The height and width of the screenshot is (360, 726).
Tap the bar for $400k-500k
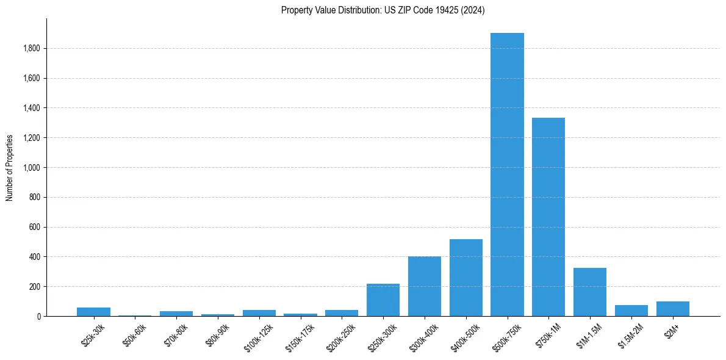pos(465,278)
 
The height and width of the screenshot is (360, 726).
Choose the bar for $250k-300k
pos(383,300)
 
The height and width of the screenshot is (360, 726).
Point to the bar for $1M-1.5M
pos(590,292)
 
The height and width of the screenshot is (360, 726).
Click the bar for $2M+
pos(672,309)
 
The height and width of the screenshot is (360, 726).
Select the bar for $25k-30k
pos(93,312)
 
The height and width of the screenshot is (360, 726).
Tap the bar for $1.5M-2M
pos(631,311)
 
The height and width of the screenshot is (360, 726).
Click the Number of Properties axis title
pos(10,168)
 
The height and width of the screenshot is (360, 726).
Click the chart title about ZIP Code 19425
pos(383,10)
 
